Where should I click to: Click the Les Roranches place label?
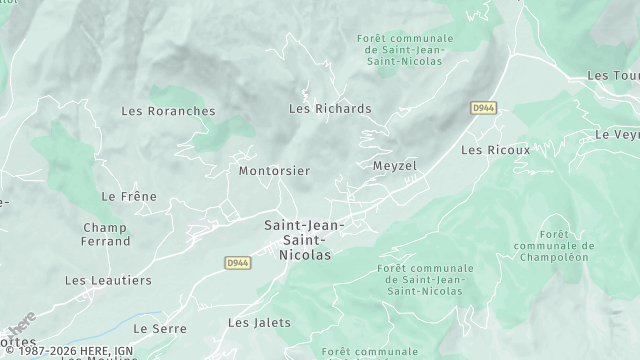[x=168, y=111]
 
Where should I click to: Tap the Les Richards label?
[x=330, y=108]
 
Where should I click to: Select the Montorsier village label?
[x=274, y=171]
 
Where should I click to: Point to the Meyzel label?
[x=394, y=165]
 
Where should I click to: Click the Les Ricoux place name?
[x=495, y=150]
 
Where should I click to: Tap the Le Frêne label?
[x=130, y=197]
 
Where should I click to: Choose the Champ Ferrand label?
[x=106, y=234]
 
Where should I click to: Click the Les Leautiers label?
[x=108, y=281]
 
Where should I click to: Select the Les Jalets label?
[x=259, y=322]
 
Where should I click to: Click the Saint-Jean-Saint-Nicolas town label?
[x=304, y=240]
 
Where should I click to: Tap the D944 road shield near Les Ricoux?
[x=484, y=108]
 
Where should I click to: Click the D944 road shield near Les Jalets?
[x=237, y=263]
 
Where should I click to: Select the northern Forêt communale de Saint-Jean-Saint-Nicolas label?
[x=405, y=50]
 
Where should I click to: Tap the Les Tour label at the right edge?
[x=613, y=76]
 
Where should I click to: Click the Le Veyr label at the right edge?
[x=616, y=134]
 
